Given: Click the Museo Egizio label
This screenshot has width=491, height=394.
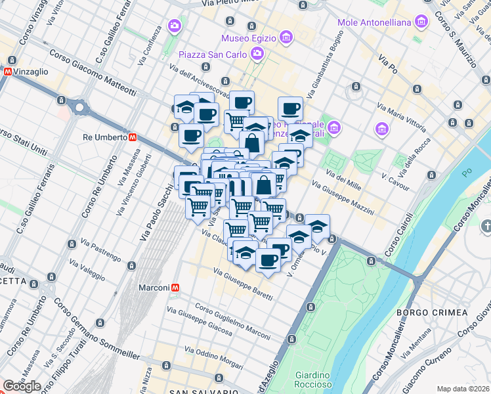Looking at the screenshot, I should [x=249, y=37].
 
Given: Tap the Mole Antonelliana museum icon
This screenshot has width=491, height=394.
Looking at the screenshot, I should [x=421, y=23].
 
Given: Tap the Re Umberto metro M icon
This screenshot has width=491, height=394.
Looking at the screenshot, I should [x=133, y=138].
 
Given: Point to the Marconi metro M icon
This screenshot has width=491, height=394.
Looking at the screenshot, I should [x=175, y=288].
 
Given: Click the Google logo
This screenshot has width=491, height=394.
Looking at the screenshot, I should [x=22, y=386].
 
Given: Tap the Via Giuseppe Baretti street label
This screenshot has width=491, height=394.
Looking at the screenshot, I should [x=242, y=286].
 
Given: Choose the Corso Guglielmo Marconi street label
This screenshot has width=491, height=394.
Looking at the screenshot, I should [x=232, y=323].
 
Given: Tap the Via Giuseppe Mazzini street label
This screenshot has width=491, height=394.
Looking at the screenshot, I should [x=343, y=199].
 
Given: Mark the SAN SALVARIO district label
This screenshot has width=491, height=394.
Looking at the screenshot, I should [x=203, y=391].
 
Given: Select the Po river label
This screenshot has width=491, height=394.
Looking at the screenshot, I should [x=467, y=173].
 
